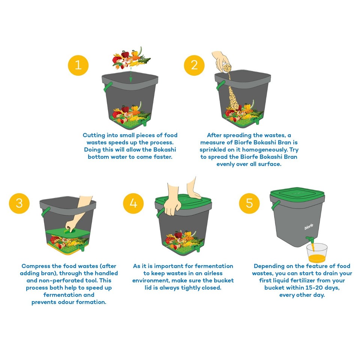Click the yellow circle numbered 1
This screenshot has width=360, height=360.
click(x=78, y=65)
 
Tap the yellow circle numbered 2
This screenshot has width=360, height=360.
click(x=194, y=65)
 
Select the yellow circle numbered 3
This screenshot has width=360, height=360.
click(x=19, y=203)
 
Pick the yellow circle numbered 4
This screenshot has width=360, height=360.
click(x=133, y=203)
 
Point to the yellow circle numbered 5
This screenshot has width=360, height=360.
click(x=249, y=203)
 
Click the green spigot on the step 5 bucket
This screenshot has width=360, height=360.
click(x=310, y=240)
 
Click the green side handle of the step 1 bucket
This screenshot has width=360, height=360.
click(x=106, y=87)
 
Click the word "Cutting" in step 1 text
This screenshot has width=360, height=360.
click(x=94, y=135)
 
